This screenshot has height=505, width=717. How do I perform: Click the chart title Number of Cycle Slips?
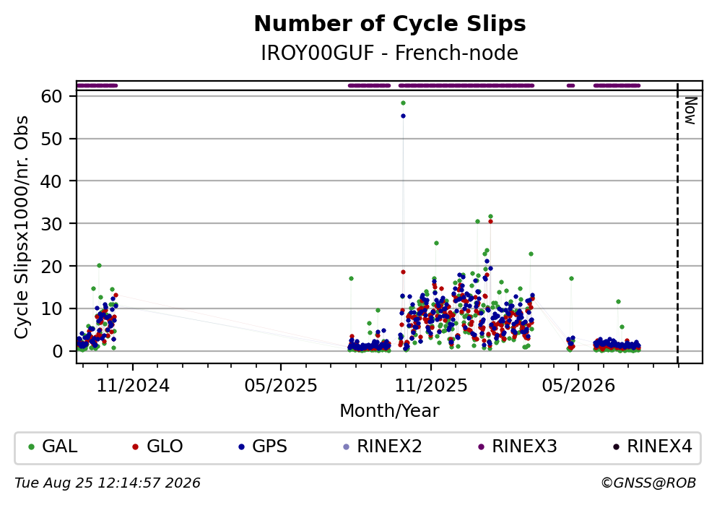pos(390,24)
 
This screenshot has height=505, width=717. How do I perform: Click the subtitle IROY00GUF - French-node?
pos(390,53)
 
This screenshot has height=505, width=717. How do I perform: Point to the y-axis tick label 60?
pos(52,96)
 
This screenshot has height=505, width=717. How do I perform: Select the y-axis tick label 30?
pos(52,224)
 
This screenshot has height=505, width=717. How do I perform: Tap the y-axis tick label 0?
pos(58,351)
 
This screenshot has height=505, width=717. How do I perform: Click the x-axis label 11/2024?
pos(133,386)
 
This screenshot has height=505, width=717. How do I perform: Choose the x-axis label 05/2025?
pos(281,386)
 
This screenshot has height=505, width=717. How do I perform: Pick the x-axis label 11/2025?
pos(431,386)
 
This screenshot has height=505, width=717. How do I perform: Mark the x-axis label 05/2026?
pos(578,386)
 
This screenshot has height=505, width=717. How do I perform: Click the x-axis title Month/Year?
pos(390,411)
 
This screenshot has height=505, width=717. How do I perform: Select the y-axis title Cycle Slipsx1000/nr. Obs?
pos(22,228)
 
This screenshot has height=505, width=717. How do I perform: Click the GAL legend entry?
pos(53,446)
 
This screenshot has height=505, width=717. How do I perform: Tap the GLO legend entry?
pos(158,446)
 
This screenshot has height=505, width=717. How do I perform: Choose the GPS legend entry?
pos(264,446)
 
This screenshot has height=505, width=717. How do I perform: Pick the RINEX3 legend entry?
pos(518,446)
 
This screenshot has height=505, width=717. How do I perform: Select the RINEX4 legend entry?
pos(653,446)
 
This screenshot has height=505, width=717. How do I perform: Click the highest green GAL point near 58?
pos(403,103)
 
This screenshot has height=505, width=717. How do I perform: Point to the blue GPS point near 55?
pos(403,116)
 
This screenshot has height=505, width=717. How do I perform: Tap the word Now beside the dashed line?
pos(690,111)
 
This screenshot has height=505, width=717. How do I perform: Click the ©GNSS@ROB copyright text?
pos(648,483)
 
